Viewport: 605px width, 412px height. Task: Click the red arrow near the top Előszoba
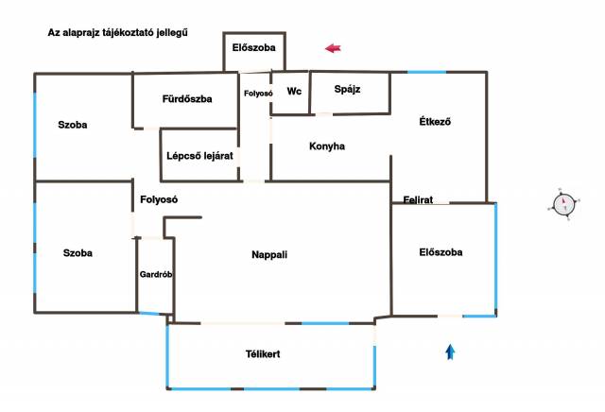333,48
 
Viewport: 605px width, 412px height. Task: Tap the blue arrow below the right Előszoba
450,352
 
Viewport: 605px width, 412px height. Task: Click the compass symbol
563,204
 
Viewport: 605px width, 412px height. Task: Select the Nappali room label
269,254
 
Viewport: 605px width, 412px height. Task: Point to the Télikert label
263,353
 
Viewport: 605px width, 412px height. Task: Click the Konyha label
327,146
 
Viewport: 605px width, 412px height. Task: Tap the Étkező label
435,122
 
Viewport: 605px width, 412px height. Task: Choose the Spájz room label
347,89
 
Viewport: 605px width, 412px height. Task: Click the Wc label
294,92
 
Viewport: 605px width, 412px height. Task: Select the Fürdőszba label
187,99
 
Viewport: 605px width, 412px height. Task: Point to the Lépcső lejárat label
199,156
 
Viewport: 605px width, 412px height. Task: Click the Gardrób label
156,274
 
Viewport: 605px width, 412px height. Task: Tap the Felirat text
418,199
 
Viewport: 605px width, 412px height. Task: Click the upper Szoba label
73,125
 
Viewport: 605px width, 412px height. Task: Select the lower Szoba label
78,253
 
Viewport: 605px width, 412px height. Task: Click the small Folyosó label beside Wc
258,94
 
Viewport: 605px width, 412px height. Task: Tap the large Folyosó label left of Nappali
159,199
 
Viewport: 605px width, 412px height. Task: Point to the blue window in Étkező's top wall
426,72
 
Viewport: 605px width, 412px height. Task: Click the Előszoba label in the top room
254,48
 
